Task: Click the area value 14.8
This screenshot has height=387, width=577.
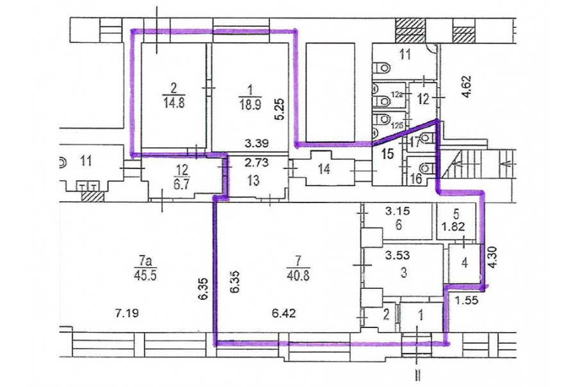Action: point(173,102)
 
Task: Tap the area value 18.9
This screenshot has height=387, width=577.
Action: point(250,104)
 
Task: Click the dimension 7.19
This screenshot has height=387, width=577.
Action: point(128,313)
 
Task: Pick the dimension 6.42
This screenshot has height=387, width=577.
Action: point(284,313)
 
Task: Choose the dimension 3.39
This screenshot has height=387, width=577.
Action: point(258,142)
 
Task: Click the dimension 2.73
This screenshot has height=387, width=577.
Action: point(257,162)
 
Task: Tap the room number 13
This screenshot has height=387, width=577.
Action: point(253,181)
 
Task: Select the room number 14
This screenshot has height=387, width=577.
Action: point(324,169)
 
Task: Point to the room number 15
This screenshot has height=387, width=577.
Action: point(387,154)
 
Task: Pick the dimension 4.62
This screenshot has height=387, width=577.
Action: point(466,86)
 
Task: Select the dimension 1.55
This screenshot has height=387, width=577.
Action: point(467,301)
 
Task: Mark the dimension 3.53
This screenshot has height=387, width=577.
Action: point(397,254)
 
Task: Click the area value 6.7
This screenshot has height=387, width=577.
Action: point(182,183)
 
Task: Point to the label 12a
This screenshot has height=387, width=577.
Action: point(396,95)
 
